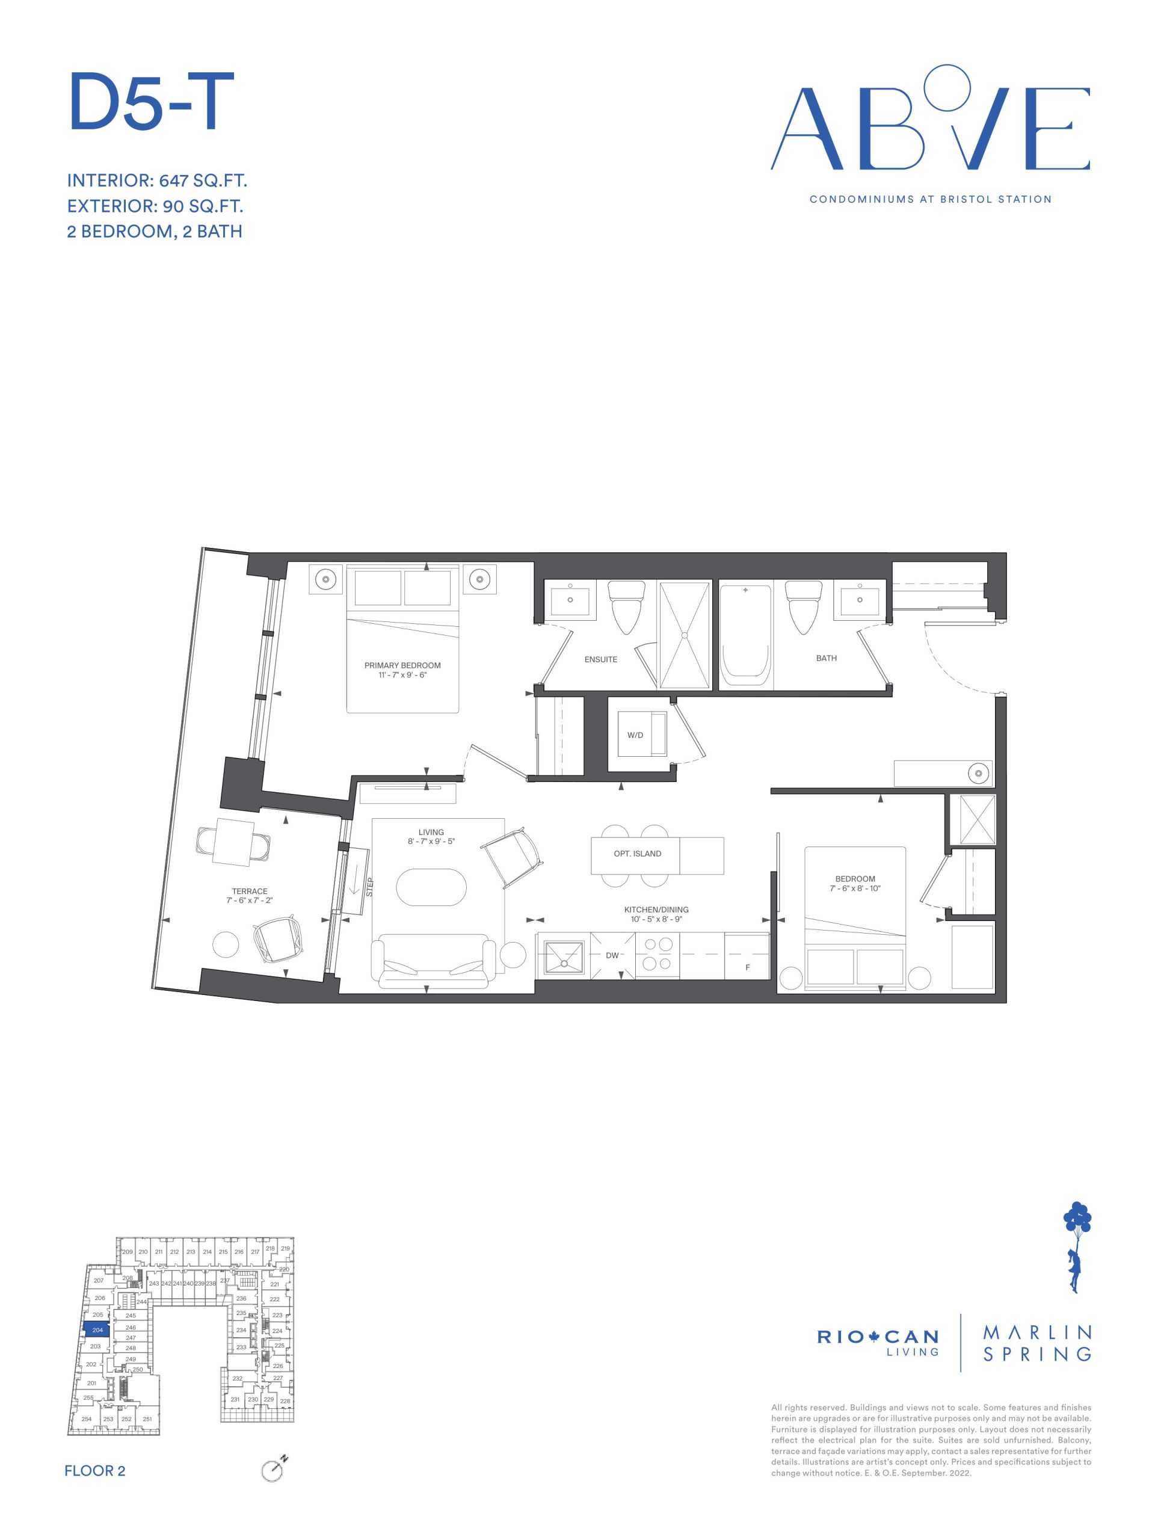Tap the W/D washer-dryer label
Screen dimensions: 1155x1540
tap(635, 735)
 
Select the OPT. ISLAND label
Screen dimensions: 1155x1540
tap(637, 854)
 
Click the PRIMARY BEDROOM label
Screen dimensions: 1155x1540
tap(402, 665)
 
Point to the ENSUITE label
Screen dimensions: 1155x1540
tap(601, 659)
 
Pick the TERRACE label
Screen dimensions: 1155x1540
tap(250, 891)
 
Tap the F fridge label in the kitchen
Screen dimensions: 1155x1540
tap(747, 967)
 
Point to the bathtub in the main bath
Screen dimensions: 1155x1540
tap(745, 636)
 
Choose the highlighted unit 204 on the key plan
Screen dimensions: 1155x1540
tap(97, 1329)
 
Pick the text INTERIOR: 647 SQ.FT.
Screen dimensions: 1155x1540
tap(158, 181)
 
